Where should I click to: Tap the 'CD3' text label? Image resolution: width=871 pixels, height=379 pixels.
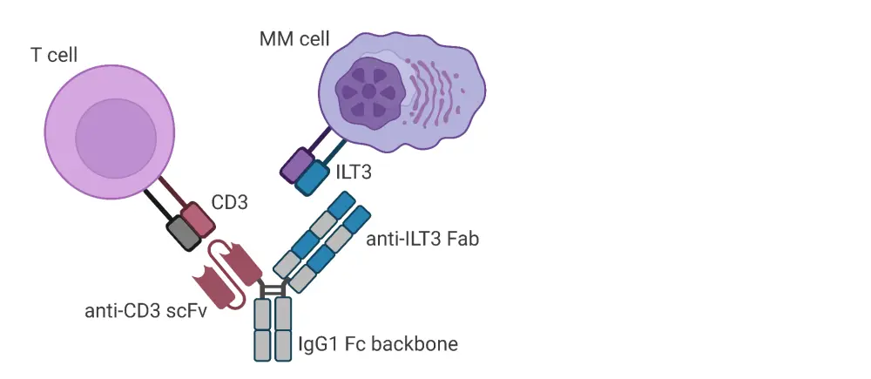230,203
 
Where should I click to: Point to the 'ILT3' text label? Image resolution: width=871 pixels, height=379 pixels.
353,173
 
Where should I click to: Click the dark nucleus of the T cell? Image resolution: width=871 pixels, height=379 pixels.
116,138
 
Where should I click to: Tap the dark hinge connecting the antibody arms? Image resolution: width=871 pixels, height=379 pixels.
273,289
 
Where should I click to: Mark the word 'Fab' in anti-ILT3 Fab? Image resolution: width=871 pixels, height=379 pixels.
465,238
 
